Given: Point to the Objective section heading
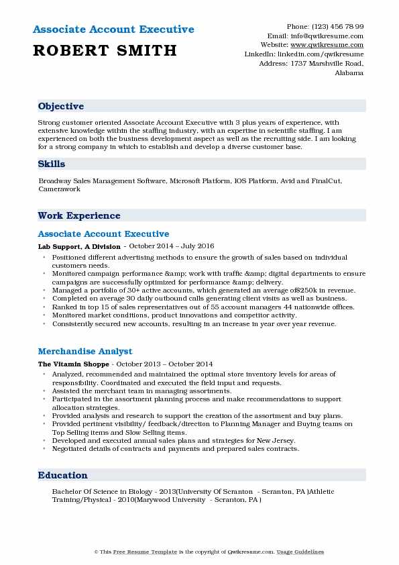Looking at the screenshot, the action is point(61,107).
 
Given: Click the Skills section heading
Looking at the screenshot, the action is point(52,164).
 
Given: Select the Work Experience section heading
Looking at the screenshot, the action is point(79,215).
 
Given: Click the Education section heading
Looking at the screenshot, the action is point(63,475).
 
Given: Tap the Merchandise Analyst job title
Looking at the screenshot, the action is point(85,351).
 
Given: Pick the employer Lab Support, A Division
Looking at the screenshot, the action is point(79,247).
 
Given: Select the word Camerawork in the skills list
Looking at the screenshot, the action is point(60,189).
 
